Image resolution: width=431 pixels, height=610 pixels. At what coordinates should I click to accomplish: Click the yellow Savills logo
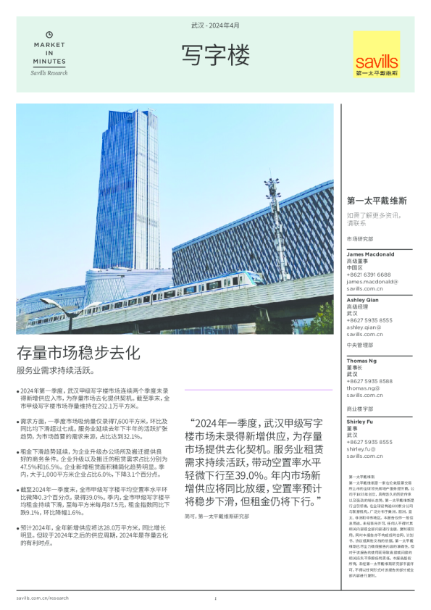(x=377, y=54)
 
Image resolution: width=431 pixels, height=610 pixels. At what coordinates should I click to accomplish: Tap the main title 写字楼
(x=215, y=54)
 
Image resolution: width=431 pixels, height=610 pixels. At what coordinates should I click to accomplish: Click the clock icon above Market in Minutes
(x=49, y=34)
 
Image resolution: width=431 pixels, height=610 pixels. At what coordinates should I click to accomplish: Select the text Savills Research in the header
(x=49, y=72)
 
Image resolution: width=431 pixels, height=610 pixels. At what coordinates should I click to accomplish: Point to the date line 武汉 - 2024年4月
(x=215, y=25)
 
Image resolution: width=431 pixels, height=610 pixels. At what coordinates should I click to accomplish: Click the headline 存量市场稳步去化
(x=78, y=353)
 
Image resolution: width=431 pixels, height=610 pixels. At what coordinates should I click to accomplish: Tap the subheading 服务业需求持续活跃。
(x=55, y=370)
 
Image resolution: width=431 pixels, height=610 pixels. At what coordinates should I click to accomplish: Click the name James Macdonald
(x=370, y=254)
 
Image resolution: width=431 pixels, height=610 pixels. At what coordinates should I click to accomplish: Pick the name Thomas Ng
(x=361, y=360)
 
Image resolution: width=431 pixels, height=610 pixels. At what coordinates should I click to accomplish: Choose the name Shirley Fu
(x=361, y=421)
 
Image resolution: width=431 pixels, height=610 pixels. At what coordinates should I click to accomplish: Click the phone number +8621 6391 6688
(x=369, y=275)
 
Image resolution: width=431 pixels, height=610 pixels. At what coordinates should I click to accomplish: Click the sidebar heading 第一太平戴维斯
(x=376, y=201)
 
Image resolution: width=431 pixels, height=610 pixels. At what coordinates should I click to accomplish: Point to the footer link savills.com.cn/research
(x=43, y=598)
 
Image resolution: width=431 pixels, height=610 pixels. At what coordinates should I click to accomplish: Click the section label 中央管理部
(x=360, y=346)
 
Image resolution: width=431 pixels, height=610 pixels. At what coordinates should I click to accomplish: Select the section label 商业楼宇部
(x=360, y=408)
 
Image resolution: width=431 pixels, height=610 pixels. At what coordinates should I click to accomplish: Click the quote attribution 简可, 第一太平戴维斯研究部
(x=217, y=516)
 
